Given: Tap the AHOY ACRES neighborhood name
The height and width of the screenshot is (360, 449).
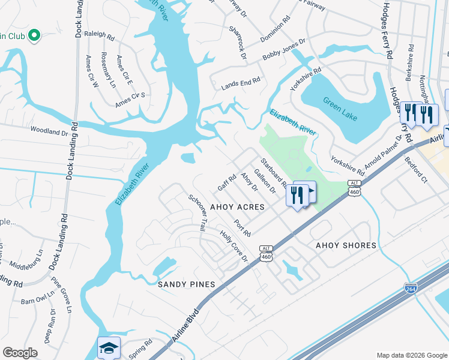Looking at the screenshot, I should click(x=237, y=207).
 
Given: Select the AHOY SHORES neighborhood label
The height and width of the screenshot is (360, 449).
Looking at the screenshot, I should click(x=346, y=245).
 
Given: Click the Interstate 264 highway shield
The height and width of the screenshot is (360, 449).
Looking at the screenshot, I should click(x=411, y=289).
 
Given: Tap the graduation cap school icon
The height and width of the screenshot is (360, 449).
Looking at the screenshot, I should click(x=109, y=348).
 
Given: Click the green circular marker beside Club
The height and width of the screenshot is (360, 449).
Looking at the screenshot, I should click(x=34, y=36).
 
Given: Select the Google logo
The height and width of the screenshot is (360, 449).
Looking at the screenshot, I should click(x=20, y=353).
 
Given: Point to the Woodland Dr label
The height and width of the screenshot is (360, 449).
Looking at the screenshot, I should click(x=49, y=130).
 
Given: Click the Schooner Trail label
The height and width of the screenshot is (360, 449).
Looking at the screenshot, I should click(x=197, y=213).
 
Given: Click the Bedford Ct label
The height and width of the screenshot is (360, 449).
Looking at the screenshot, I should click(x=415, y=170).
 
